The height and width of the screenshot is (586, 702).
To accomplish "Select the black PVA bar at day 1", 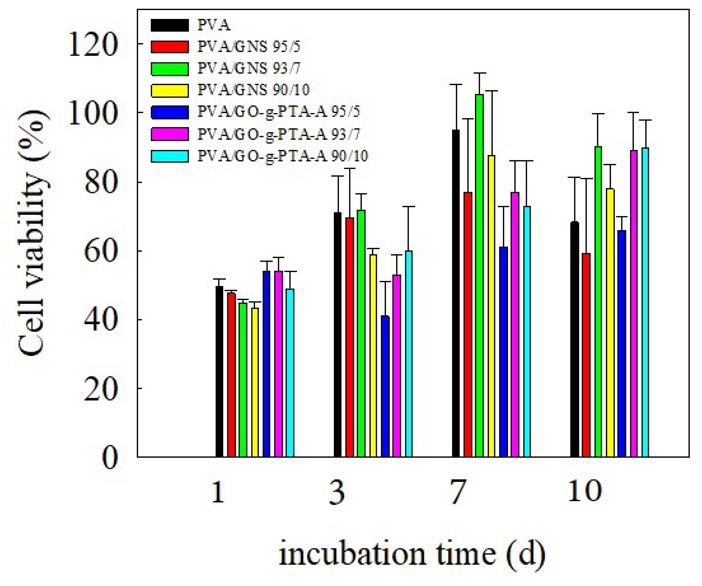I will [x=219, y=371].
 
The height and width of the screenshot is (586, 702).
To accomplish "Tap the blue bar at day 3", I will [x=385, y=386].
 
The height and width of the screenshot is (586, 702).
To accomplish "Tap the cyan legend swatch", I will [x=169, y=156].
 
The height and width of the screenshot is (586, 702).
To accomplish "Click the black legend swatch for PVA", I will [x=169, y=25].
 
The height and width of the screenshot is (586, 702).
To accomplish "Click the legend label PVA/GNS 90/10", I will [x=253, y=89].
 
